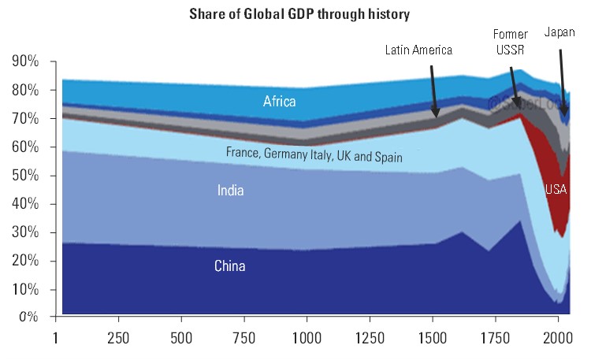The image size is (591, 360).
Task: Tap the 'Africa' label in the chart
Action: pyautogui.click(x=280, y=101)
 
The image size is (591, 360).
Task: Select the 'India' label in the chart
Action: pyautogui.click(x=231, y=190)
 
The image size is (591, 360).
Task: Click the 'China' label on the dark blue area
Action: pyautogui.click(x=230, y=266)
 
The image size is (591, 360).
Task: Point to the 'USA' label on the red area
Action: pyautogui.click(x=556, y=189)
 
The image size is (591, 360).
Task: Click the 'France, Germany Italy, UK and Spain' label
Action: pyautogui.click(x=314, y=155)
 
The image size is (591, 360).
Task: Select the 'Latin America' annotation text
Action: pyautogui.click(x=418, y=50)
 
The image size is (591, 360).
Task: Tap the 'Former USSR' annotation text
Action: pyautogui.click(x=511, y=42)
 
